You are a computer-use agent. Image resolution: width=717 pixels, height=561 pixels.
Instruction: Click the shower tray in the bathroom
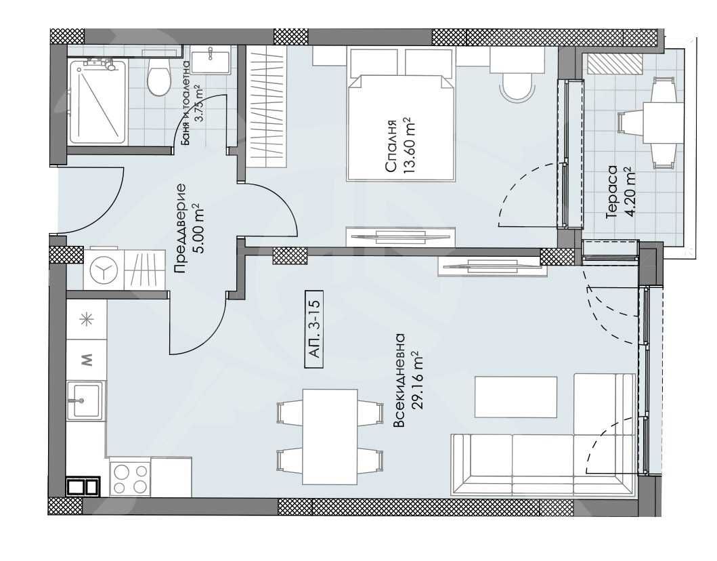coord(97,103)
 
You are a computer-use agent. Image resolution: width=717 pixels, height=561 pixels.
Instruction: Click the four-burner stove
coord(130,478)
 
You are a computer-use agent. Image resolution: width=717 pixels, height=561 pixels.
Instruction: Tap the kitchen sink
coord(85,400)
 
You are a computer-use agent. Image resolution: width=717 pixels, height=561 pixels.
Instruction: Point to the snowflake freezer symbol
coord(87,320)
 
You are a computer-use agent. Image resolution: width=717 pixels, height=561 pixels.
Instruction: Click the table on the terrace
coord(662,122)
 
